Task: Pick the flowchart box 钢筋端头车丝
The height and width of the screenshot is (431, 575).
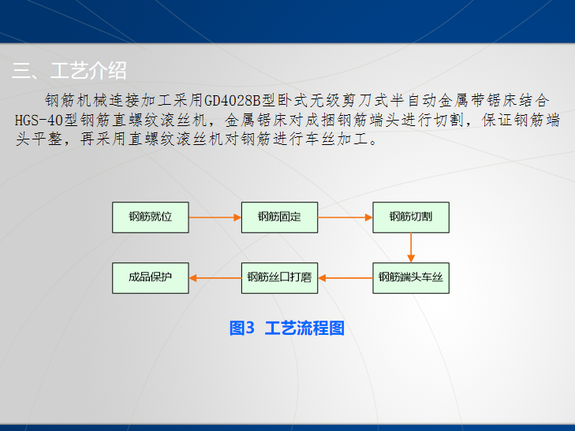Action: point(411,277)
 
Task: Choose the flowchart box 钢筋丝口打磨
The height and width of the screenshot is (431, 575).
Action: point(280,277)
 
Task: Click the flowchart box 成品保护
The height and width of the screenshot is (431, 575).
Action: point(151,277)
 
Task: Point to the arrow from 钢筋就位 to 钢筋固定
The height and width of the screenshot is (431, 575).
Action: point(215,217)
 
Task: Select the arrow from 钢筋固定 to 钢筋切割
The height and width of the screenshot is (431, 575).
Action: point(345,217)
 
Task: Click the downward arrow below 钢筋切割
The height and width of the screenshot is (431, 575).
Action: point(411,247)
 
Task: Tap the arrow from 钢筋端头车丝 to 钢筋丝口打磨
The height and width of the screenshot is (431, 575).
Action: point(345,277)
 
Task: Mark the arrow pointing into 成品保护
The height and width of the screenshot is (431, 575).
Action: point(215,277)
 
